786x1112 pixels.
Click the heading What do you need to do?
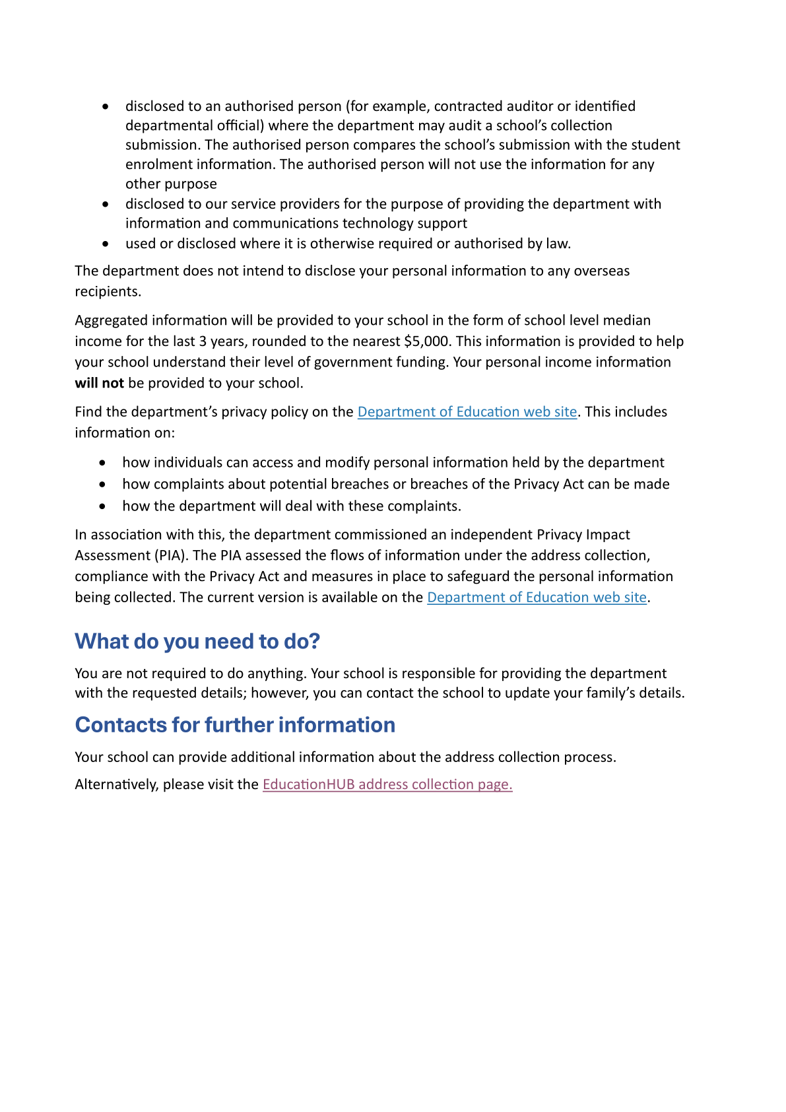pyautogui.click(x=197, y=641)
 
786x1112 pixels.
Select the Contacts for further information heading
pyautogui.click(x=235, y=724)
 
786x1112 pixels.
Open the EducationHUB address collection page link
pyautogui.click(x=387, y=784)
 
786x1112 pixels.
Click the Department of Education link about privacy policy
pyautogui.click(x=467, y=412)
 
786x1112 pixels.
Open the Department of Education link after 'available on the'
pyautogui.click(x=537, y=598)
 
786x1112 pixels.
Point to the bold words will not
pyautogui.click(x=100, y=383)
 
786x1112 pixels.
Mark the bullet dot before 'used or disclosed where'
pyautogui.click(x=106, y=244)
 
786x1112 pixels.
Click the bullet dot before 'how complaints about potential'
pyautogui.click(x=102, y=484)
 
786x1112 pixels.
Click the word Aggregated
pyautogui.click(x=111, y=320)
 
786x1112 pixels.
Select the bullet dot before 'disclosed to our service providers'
pyautogui.click(x=106, y=204)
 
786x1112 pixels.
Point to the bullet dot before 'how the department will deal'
pyautogui.click(x=102, y=506)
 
